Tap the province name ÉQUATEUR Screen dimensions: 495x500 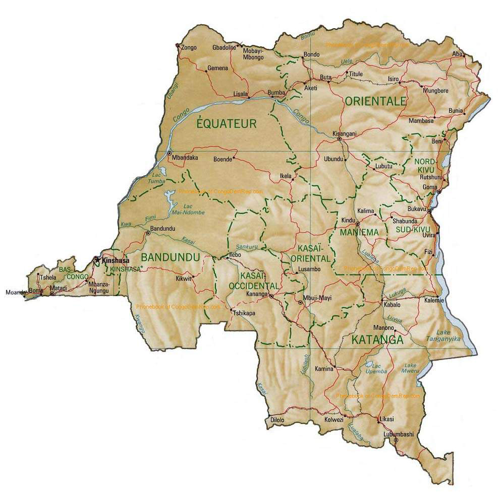tap(227, 123)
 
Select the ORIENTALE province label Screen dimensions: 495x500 tap(375, 101)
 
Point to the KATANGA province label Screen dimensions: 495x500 tap(377, 339)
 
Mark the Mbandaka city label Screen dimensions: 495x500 tap(185, 158)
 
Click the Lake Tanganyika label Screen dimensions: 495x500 tap(449, 335)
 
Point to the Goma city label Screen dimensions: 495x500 tap(430, 187)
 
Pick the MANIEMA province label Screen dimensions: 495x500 tap(359, 233)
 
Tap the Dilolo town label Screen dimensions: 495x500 tap(277, 420)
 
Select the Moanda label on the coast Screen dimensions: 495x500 tap(14, 292)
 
